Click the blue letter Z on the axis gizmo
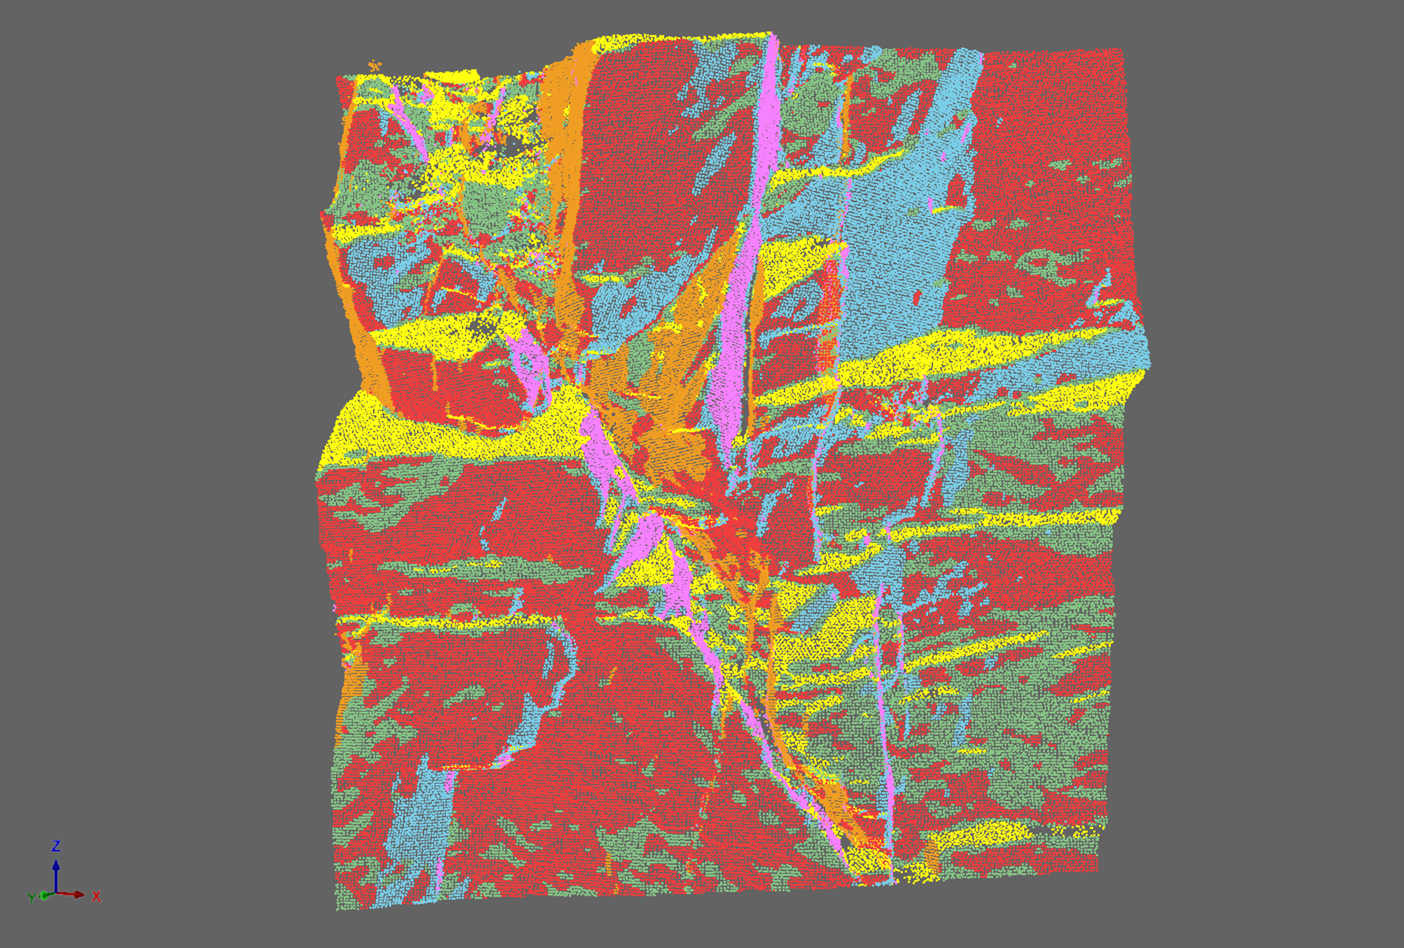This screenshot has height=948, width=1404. [x=56, y=845]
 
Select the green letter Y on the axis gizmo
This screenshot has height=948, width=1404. [x=32, y=898]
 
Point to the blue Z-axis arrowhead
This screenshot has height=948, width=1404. [x=56, y=865]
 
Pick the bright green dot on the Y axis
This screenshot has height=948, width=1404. [x=44, y=895]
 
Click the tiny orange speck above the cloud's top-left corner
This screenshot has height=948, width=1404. [x=376, y=64]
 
